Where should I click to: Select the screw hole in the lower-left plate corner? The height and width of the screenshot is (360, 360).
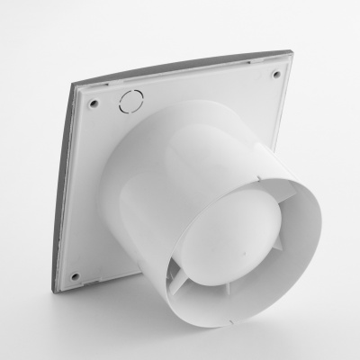point(75,275)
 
